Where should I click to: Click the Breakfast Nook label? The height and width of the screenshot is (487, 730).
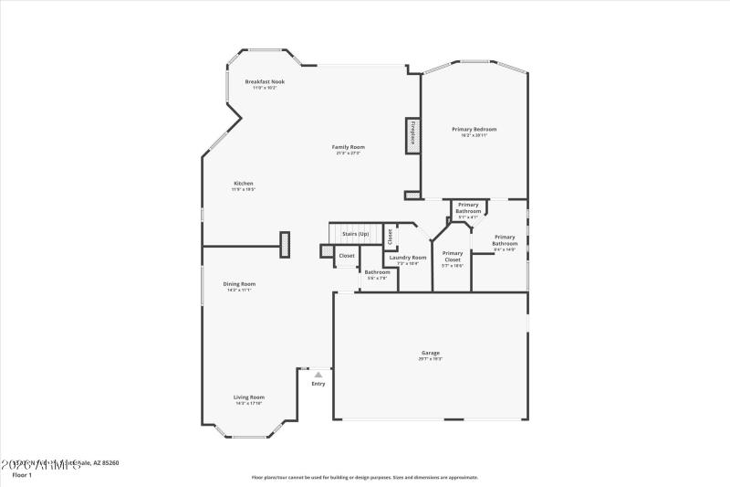coord(265,81)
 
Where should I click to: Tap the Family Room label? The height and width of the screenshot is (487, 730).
coord(348,147)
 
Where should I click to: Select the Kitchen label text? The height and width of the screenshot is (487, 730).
coord(243,184)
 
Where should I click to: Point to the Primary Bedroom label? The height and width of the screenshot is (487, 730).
coord(474,130)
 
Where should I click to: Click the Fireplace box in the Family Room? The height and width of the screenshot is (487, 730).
coord(412,133)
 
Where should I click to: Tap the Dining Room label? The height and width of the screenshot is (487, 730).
coord(239,284)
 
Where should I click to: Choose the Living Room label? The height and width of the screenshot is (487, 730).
coord(248,397)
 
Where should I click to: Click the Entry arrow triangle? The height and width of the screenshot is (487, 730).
coord(318,375)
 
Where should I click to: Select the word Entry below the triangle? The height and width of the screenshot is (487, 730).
coord(318,384)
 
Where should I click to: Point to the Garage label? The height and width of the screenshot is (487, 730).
coord(430,353)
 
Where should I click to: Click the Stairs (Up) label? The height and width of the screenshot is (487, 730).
coord(356,234)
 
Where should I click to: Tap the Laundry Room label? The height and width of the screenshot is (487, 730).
coord(407,258)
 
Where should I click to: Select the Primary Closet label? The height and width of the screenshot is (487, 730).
coord(453,256)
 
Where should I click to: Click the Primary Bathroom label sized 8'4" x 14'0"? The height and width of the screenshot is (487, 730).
coord(506,241)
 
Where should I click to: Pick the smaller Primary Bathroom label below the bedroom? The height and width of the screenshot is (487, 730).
coord(468,207)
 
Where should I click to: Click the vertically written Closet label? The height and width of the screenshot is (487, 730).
coord(390,236)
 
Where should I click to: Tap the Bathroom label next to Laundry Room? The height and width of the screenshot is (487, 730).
coord(378,271)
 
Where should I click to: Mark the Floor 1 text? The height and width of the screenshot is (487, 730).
coord(21,475)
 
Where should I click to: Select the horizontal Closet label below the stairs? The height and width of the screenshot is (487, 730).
coord(347,256)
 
